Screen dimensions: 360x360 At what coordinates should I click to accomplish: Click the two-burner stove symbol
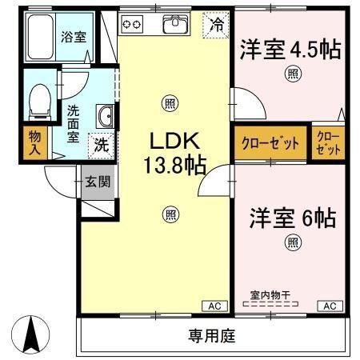(132, 25)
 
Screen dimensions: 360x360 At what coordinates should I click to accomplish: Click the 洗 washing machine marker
(102, 146)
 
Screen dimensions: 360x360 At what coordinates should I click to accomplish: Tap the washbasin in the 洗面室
(105, 117)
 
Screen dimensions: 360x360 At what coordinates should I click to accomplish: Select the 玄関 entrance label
(99, 182)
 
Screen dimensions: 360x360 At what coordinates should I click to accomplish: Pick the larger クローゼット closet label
(270, 144)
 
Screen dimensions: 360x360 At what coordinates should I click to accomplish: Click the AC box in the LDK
(214, 306)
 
